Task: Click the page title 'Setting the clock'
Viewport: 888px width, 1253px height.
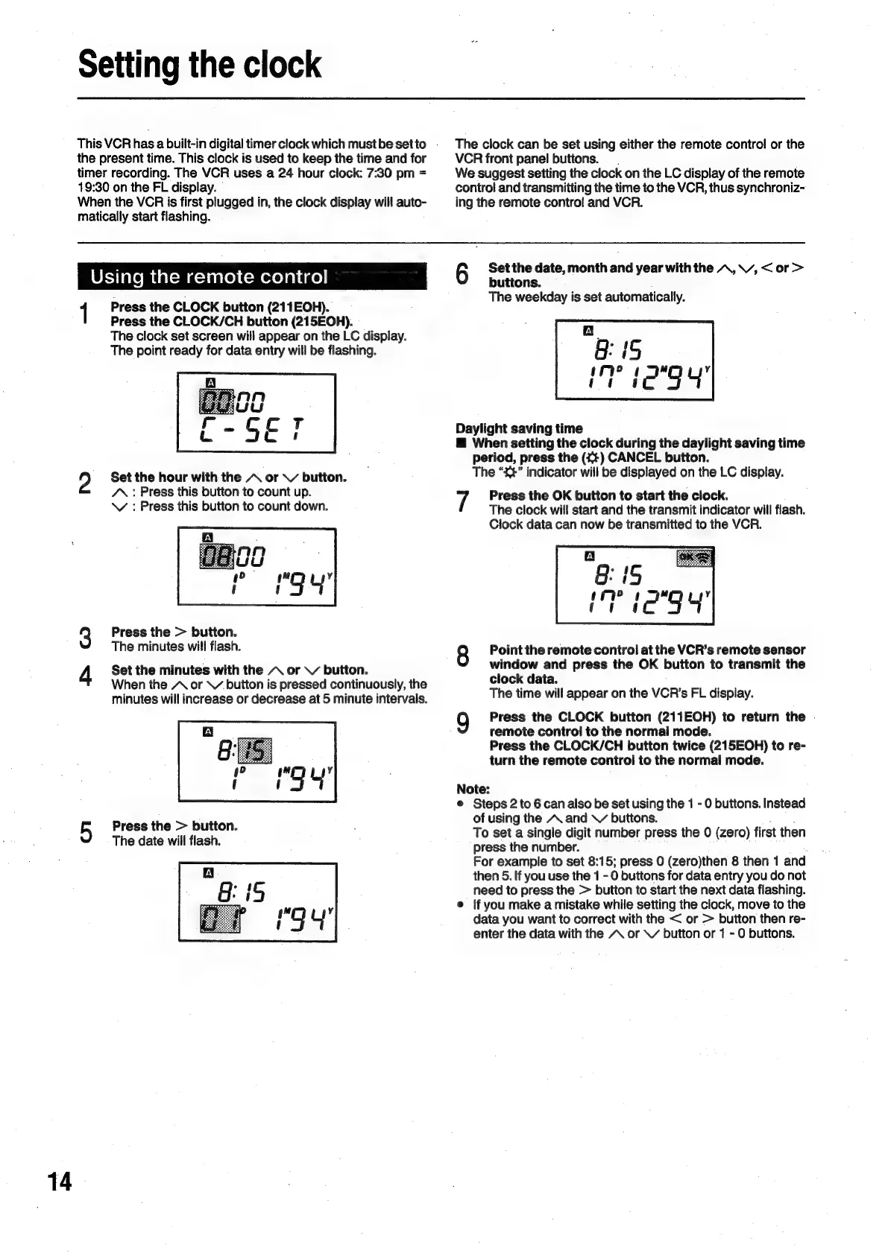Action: click(200, 66)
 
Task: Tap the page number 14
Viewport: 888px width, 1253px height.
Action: click(60, 1181)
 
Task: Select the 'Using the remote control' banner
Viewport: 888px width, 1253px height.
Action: click(251, 277)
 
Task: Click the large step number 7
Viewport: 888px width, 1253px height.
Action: click(462, 502)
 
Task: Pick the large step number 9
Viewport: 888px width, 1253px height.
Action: click(462, 723)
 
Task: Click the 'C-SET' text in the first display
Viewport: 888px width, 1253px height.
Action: click(254, 431)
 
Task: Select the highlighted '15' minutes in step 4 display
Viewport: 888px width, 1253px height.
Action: click(254, 749)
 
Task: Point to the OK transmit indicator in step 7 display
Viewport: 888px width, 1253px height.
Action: click(694, 558)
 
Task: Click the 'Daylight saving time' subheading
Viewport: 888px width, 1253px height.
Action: click(519, 428)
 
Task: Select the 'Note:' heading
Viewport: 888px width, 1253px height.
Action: click(473, 789)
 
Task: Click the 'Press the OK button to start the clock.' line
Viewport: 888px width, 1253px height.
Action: click(608, 495)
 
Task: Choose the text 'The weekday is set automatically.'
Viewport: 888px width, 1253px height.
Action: click(586, 297)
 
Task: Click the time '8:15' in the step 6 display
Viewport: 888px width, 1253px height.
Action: click(618, 350)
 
